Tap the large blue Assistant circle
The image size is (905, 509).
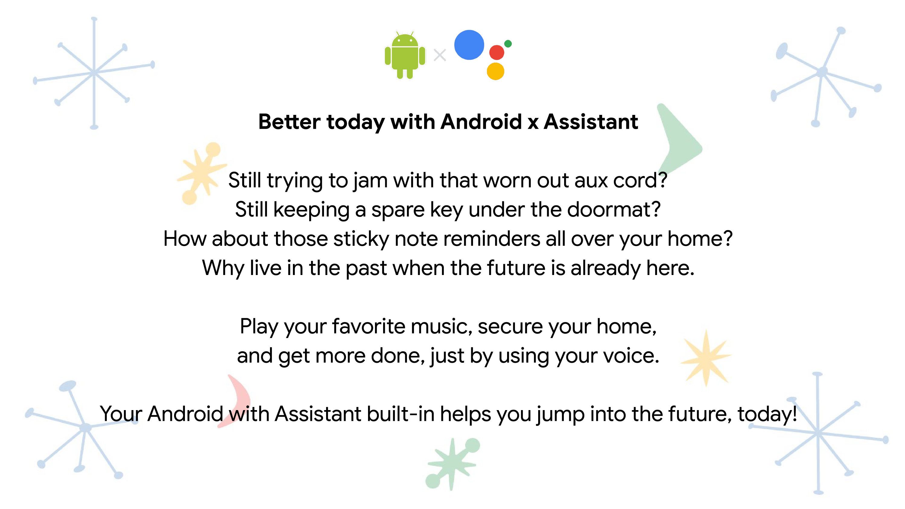469,45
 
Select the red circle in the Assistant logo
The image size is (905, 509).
497,53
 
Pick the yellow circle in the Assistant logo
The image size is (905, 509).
495,71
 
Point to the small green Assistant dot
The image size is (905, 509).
508,43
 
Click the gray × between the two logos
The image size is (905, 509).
440,55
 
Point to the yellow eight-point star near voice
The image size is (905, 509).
706,358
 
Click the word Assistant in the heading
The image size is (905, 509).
591,122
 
